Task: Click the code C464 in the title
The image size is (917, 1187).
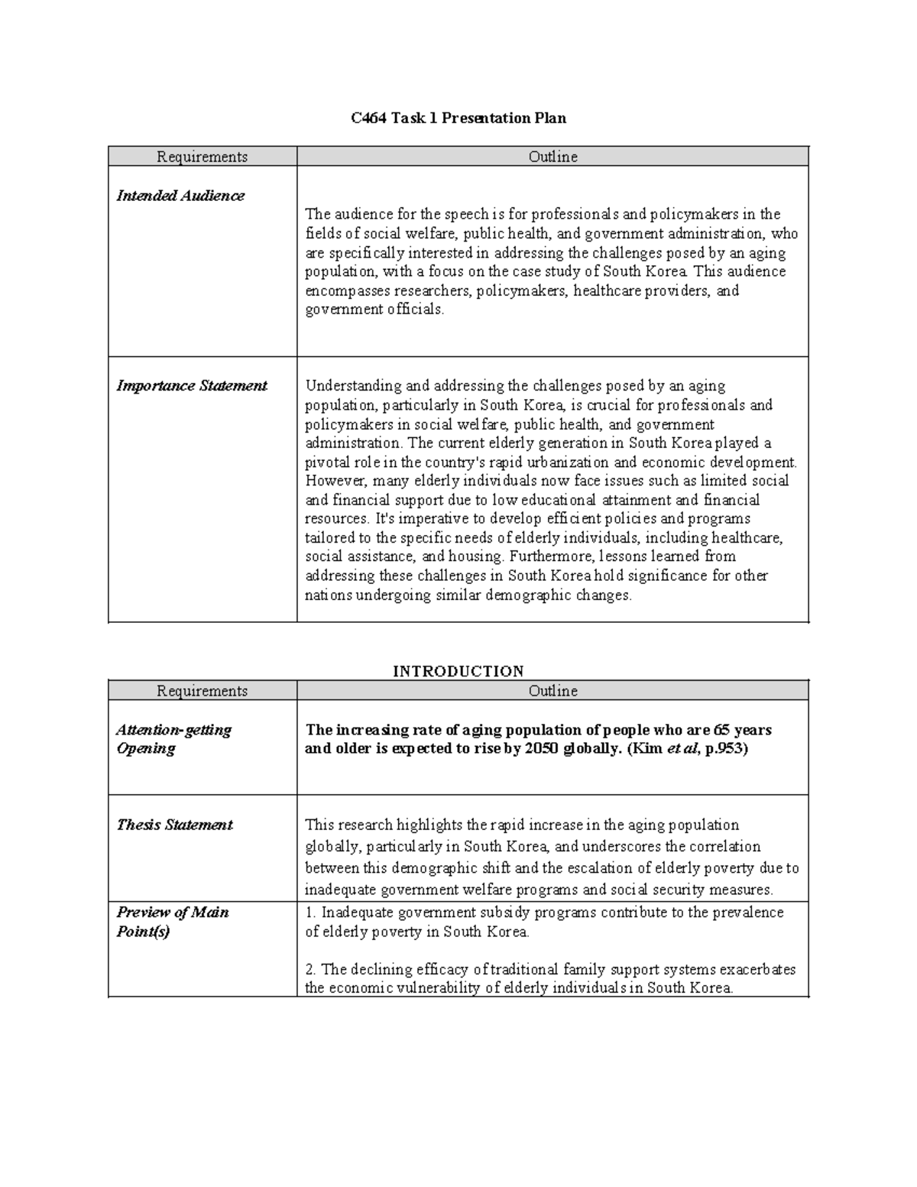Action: [368, 118]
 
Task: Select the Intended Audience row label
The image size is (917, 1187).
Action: [180, 196]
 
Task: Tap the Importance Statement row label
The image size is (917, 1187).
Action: [191, 386]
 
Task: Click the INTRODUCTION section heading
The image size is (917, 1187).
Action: [458, 671]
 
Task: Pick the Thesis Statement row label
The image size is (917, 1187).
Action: [174, 825]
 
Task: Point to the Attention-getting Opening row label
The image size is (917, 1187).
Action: [173, 739]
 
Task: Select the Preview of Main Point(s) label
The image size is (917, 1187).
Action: [172, 921]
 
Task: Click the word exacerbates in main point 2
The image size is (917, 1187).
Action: [757, 969]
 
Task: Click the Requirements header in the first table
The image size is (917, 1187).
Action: [203, 157]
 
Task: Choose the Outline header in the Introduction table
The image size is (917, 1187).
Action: [552, 691]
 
